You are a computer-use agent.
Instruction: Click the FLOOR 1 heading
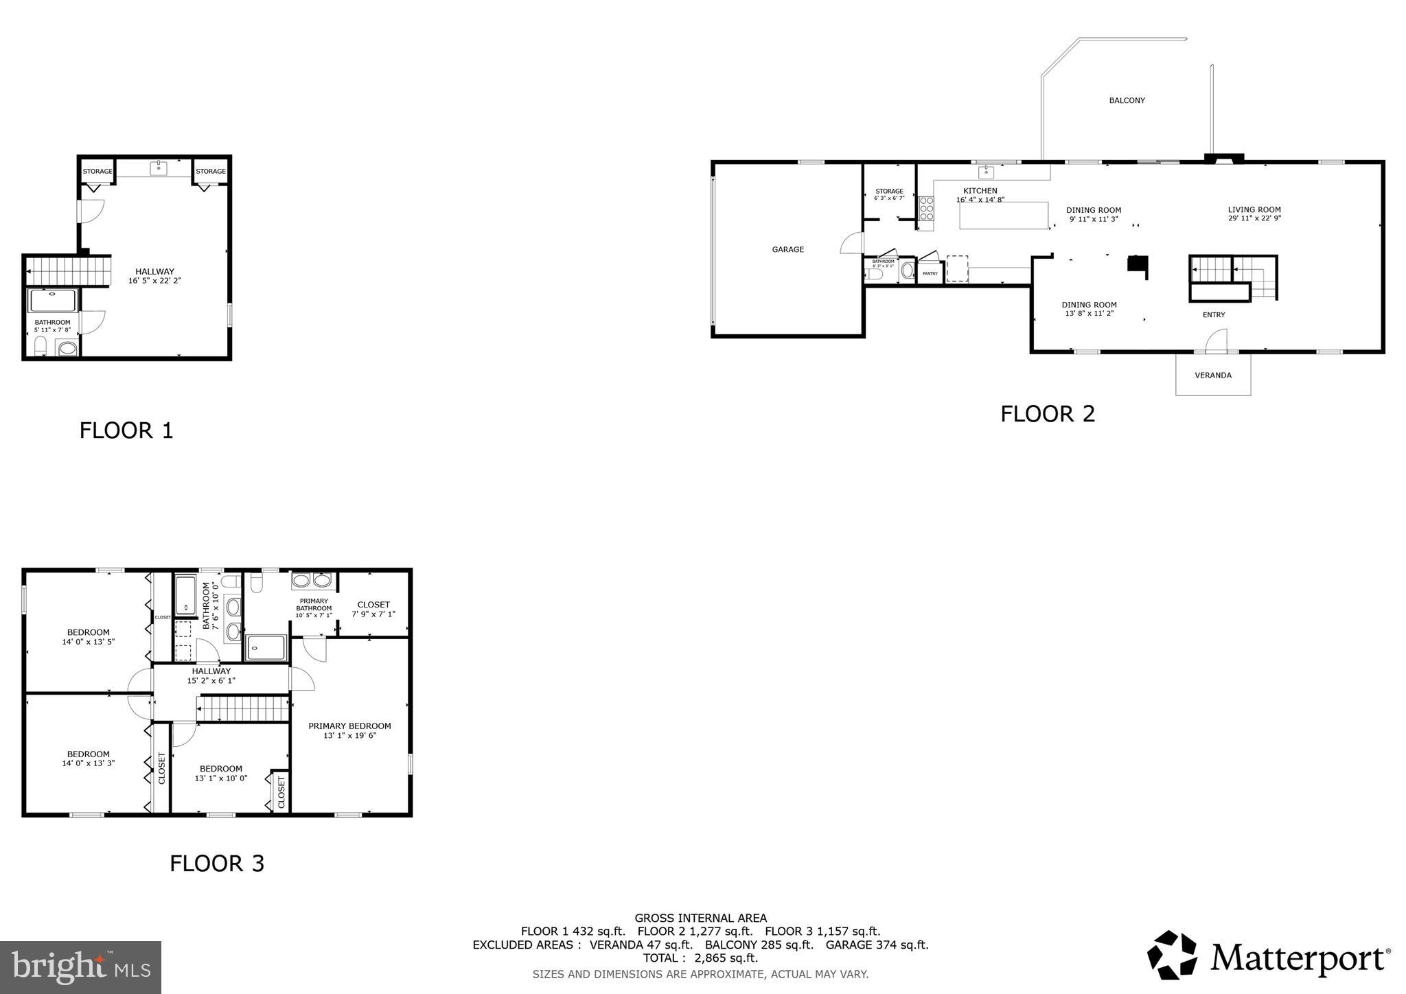pyautogui.click(x=126, y=430)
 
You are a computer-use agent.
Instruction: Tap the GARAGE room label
pyautogui.click(x=787, y=250)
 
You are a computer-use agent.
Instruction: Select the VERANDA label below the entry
pyautogui.click(x=1213, y=375)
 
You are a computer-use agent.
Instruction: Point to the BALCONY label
pyautogui.click(x=1127, y=101)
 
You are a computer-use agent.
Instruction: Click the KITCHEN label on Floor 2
pyautogui.click(x=980, y=191)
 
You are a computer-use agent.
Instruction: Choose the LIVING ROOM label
pyautogui.click(x=1254, y=210)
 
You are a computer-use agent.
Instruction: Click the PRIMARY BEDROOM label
pyautogui.click(x=349, y=726)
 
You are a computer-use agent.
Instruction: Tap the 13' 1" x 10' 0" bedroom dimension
pyautogui.click(x=221, y=778)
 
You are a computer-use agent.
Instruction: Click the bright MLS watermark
pyautogui.click(x=81, y=967)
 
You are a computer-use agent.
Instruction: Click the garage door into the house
pyautogui.click(x=853, y=244)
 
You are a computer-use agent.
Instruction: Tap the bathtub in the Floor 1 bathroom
pyautogui.click(x=53, y=301)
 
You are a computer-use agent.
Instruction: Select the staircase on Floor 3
pyautogui.click(x=243, y=708)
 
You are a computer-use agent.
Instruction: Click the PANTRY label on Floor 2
pyautogui.click(x=930, y=274)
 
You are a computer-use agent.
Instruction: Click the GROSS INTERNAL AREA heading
pyautogui.click(x=700, y=918)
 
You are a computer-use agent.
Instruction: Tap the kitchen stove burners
pyautogui.click(x=926, y=208)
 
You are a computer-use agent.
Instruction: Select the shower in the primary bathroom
pyautogui.click(x=266, y=647)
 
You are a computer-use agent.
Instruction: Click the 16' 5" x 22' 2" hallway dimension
pyautogui.click(x=154, y=281)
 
